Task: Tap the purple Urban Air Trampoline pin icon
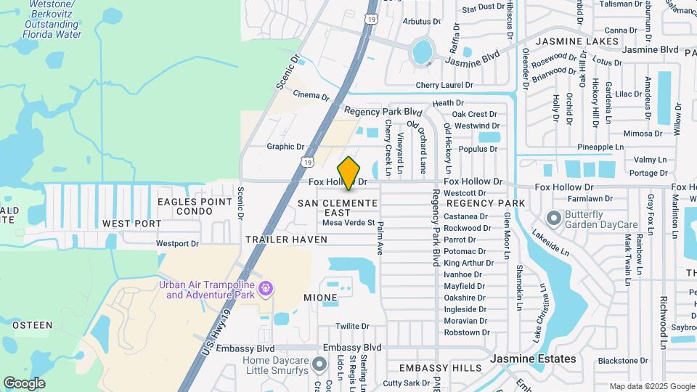266,289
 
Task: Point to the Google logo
24,383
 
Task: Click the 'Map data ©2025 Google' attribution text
652,386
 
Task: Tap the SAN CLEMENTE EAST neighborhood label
338,208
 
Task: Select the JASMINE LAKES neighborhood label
577,41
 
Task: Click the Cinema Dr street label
311,95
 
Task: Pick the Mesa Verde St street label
348,223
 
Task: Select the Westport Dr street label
177,244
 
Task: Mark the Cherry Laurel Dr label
444,85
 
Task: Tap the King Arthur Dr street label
465,263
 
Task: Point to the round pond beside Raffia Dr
422,52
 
